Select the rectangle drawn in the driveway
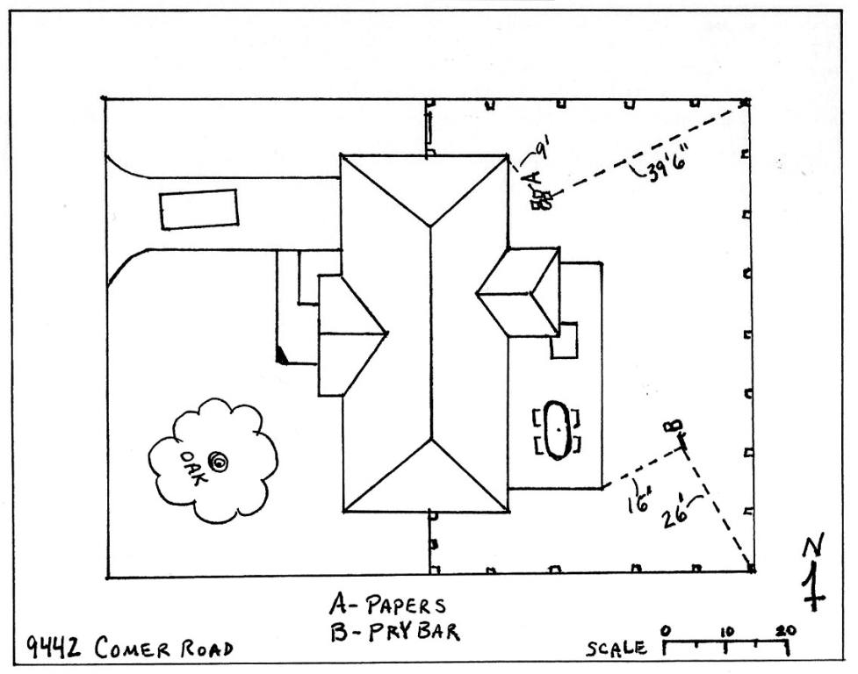coord(199,210)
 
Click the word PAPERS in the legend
coord(406,606)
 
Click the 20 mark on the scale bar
coord(784,630)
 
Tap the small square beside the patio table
coord(564,341)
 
